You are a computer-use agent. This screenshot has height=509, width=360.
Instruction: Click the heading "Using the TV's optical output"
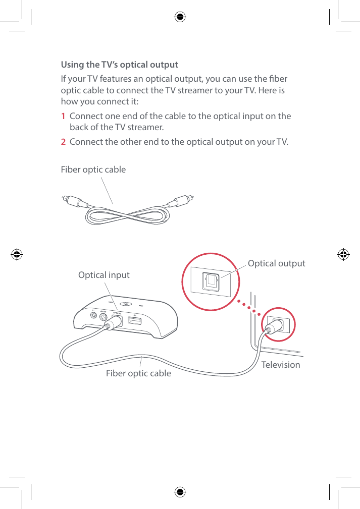coord(119,65)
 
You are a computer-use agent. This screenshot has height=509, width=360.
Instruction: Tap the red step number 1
coord(63,117)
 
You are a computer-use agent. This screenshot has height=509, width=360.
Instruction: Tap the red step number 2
coord(63,141)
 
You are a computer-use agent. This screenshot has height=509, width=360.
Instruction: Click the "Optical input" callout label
coord(104,275)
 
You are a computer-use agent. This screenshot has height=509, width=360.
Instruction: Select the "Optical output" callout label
coord(276,263)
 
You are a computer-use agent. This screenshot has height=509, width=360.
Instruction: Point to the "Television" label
coord(281,365)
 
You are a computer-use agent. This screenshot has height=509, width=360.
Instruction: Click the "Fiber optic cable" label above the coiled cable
coord(93,169)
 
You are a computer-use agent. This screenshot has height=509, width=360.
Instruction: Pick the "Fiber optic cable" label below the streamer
coord(138,374)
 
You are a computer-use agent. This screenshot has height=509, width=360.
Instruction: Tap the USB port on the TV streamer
coord(134,321)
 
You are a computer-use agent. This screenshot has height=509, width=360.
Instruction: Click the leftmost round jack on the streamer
coord(93,315)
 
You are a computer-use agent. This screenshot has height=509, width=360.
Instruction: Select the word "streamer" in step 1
coord(146,126)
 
